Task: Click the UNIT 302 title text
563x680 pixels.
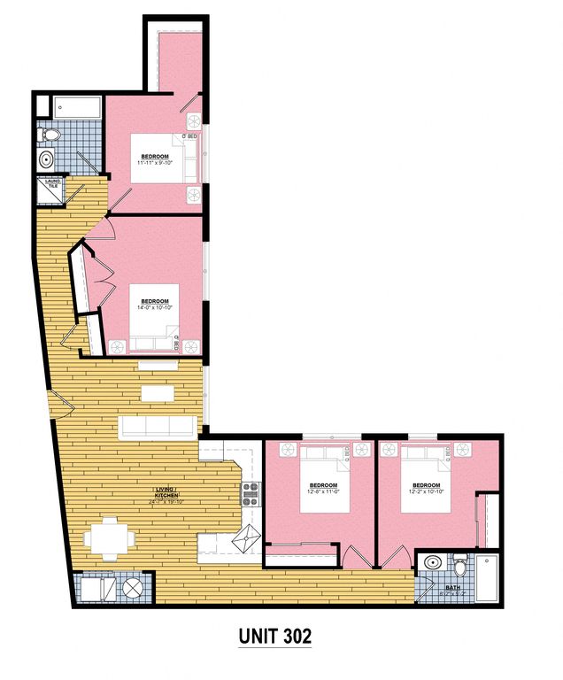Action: coord(274,636)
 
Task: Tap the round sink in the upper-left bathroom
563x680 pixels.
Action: coord(46,160)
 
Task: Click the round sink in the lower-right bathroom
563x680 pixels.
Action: coord(432,563)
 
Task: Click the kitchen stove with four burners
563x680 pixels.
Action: coord(251,494)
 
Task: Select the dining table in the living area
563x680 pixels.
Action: coord(108,537)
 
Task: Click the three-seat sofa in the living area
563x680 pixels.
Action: coord(158,428)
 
